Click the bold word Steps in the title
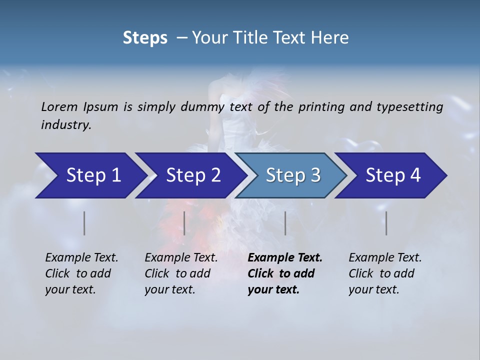pyautogui.click(x=145, y=38)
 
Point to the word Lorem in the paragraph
pyautogui.click(x=59, y=107)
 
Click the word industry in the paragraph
pyautogui.click(x=66, y=125)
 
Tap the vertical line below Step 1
pyautogui.click(x=84, y=223)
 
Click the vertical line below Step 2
pyautogui.click(x=184, y=223)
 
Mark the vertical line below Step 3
pyautogui.click(x=285, y=223)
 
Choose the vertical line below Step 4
pyautogui.click(x=386, y=223)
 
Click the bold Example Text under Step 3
pyautogui.click(x=285, y=258)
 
